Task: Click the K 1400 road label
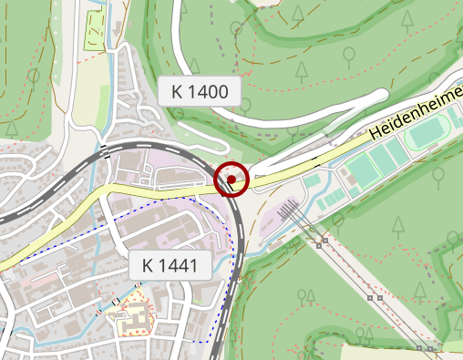(199, 90)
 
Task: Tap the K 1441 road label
(170, 266)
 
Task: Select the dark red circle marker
(233, 179)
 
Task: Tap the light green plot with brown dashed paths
(95, 31)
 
